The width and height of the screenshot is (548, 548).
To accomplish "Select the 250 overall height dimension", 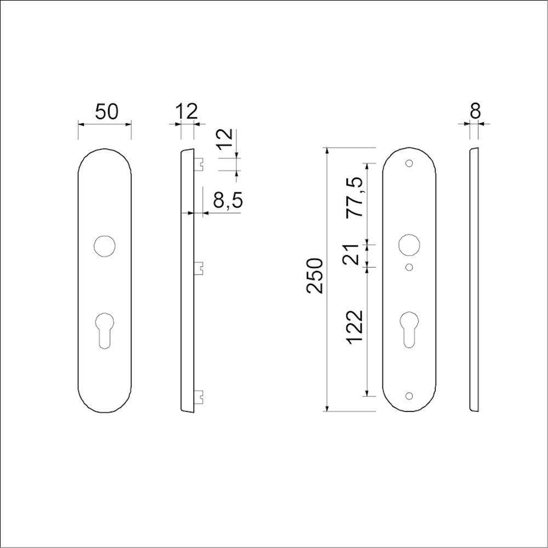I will pos(316,275).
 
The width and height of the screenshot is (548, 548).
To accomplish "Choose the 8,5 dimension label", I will pos(227,201).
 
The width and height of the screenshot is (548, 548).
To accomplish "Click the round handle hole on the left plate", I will pos(104,246).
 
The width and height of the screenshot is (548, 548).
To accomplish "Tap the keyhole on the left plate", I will pos(104,329).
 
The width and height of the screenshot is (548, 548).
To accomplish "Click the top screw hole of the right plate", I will pos(408,163).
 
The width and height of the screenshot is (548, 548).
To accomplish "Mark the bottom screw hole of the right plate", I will pos(408,396).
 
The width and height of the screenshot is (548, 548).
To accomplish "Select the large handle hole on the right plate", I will pos(408,244).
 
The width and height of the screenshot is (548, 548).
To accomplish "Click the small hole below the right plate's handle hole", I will pos(408,267).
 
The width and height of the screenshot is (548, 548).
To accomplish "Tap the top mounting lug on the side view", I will pos(199,163).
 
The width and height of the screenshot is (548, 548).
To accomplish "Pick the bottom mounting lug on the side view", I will pos(199,394).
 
